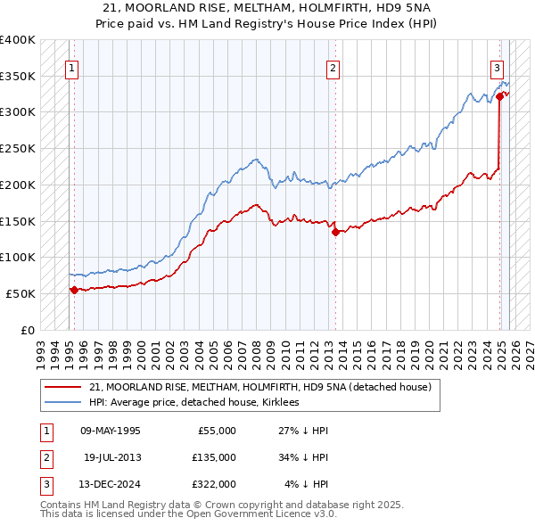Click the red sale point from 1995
74,289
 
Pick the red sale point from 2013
335,232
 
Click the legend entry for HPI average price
193,402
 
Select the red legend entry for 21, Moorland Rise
259,387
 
